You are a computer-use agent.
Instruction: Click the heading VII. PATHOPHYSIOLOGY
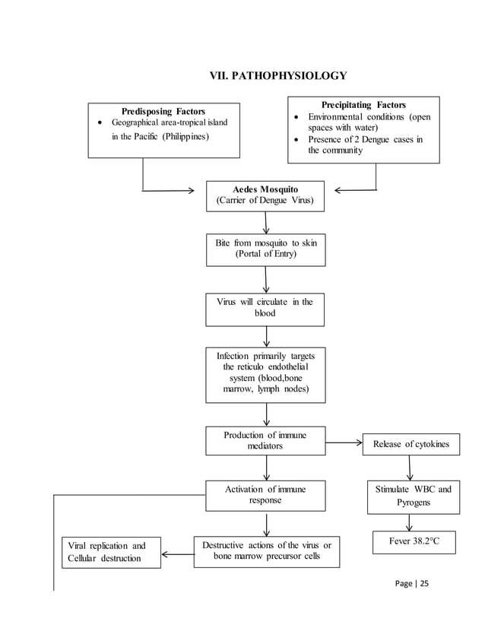[x=277, y=76]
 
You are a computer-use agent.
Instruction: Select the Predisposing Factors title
[x=163, y=111]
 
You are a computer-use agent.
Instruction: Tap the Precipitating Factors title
[x=363, y=105]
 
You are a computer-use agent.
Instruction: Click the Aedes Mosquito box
[x=265, y=195]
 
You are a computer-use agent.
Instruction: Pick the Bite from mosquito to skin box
[x=265, y=249]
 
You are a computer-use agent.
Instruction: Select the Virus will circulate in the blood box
[x=265, y=307]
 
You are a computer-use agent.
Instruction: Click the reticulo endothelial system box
[x=265, y=373]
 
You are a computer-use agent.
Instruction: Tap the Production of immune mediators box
[x=265, y=440]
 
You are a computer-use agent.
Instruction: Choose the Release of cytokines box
[x=411, y=444]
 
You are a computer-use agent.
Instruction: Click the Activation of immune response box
[x=265, y=494]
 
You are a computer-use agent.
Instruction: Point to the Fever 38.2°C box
[x=414, y=542]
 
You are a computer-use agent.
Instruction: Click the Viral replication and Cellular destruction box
[x=110, y=553]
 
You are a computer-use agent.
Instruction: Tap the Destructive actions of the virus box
[x=266, y=551]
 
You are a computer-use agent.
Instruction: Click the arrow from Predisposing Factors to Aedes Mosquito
[x=167, y=191]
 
